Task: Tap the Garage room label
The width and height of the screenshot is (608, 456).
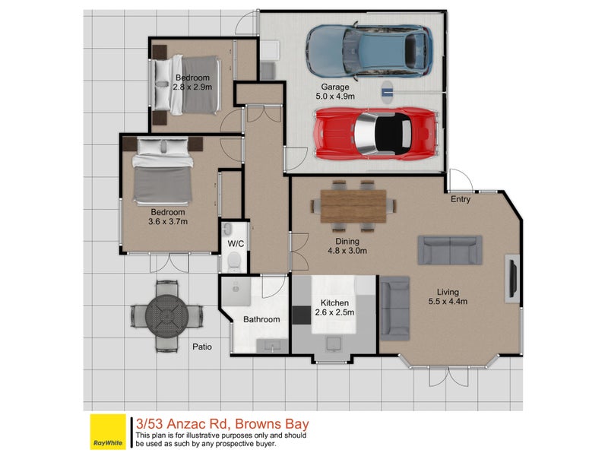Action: [334, 87]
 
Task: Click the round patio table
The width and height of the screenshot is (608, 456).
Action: [166, 313]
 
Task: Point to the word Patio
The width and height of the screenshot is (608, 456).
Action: [201, 347]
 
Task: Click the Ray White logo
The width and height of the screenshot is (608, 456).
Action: [108, 431]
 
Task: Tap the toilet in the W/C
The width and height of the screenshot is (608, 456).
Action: [234, 263]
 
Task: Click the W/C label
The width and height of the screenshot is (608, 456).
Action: [235, 244]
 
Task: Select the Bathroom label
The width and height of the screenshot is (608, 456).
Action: [261, 320]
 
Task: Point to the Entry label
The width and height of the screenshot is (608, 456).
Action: [461, 200]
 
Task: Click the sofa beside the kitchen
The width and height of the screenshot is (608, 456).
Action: [394, 309]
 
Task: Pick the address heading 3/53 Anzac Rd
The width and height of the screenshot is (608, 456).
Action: [222, 423]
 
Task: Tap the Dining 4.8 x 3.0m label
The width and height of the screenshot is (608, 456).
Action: [347, 245]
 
